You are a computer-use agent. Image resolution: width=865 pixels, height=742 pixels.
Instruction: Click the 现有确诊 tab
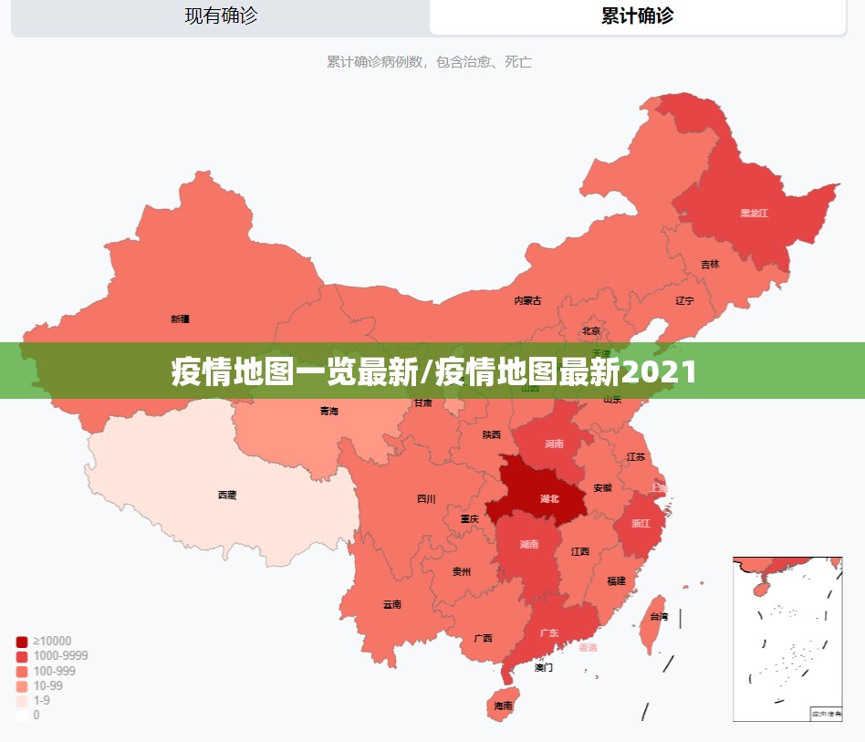[221, 16]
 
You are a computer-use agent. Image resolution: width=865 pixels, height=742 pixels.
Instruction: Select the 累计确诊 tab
[637, 16]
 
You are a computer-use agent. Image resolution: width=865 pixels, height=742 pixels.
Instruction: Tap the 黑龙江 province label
[754, 214]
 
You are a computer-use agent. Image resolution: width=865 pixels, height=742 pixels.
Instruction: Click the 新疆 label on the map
[180, 319]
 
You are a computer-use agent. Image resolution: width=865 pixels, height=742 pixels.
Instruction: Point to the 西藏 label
[227, 495]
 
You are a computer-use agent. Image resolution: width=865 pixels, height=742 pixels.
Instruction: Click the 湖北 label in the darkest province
[549, 498]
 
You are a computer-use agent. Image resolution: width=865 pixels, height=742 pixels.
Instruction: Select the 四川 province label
[426, 498]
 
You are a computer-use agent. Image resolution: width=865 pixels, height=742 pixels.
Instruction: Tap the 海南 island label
[503, 705]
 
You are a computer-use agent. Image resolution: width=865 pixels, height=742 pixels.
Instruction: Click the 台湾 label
[659, 617]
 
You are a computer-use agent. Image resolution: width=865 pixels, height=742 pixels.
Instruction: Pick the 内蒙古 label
[527, 300]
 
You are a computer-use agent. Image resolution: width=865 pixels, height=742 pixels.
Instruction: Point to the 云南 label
[392, 604]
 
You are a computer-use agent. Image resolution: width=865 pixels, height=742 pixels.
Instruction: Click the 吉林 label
[710, 265]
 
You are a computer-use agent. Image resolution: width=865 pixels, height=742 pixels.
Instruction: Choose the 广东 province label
[549, 632]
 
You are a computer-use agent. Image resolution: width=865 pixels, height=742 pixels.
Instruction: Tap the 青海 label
[328, 412]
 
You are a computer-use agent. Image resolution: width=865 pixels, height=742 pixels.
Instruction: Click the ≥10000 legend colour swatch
[22, 642]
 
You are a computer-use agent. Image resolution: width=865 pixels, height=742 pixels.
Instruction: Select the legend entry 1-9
[41, 700]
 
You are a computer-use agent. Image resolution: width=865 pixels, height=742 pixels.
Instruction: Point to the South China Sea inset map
[787, 638]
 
